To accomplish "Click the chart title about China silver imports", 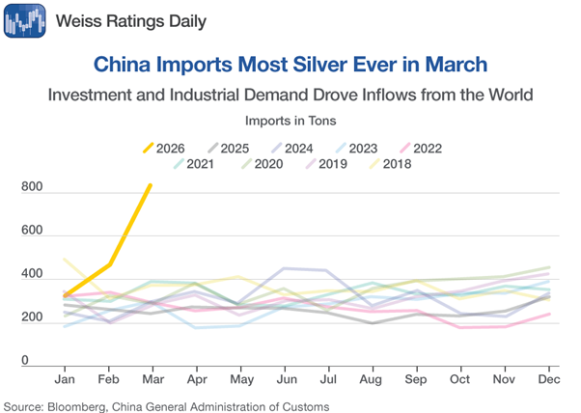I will pyautogui.click(x=290, y=65).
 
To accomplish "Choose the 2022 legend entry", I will pyautogui.click(x=416, y=148).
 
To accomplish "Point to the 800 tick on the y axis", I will pyautogui.click(x=32, y=188).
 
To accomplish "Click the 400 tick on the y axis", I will pyautogui.click(x=32, y=275).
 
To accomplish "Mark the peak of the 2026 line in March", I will pyautogui.click(x=151, y=185).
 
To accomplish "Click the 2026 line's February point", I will pyautogui.click(x=109, y=264).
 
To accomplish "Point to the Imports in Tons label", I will pyautogui.click(x=290, y=121).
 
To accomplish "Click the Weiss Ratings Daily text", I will pyautogui.click(x=130, y=20).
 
